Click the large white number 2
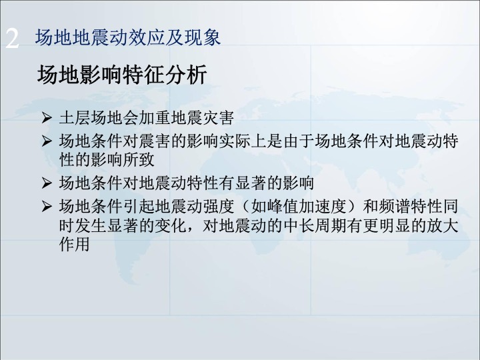point(12,39)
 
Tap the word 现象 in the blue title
point(203,37)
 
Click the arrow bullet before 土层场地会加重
point(47,118)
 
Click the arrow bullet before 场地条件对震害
point(47,141)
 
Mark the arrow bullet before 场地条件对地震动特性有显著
point(47,183)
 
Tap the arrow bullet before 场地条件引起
point(47,207)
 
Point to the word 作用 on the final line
point(75,244)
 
